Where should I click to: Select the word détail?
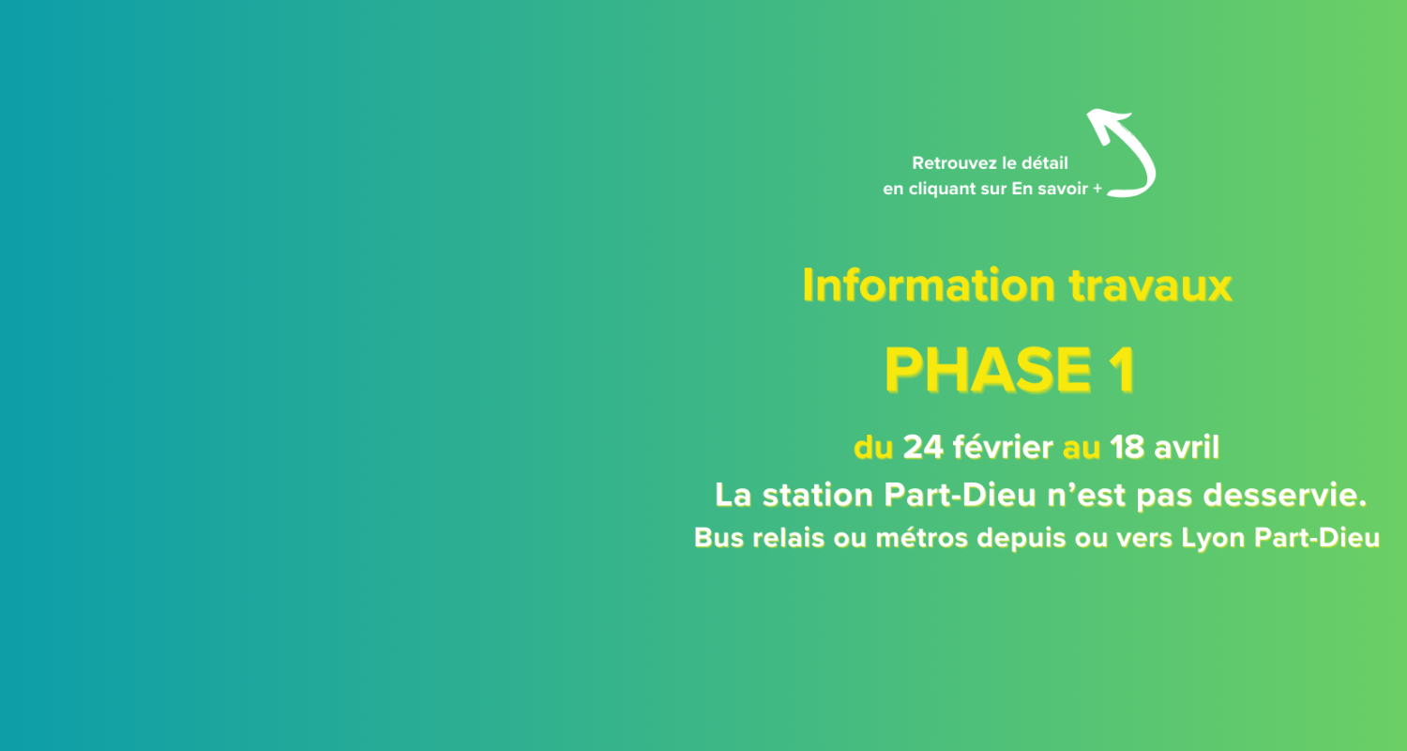click(x=1045, y=163)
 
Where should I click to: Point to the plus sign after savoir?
click(x=1097, y=189)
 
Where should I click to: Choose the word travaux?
click(x=1151, y=286)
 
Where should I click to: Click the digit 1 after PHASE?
click(x=1124, y=370)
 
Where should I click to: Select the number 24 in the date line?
click(x=923, y=448)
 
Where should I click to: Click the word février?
click(x=1003, y=447)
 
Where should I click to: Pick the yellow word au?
click(x=1081, y=449)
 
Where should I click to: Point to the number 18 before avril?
click(x=1127, y=448)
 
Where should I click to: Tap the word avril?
click(x=1187, y=447)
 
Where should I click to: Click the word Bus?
click(x=719, y=538)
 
